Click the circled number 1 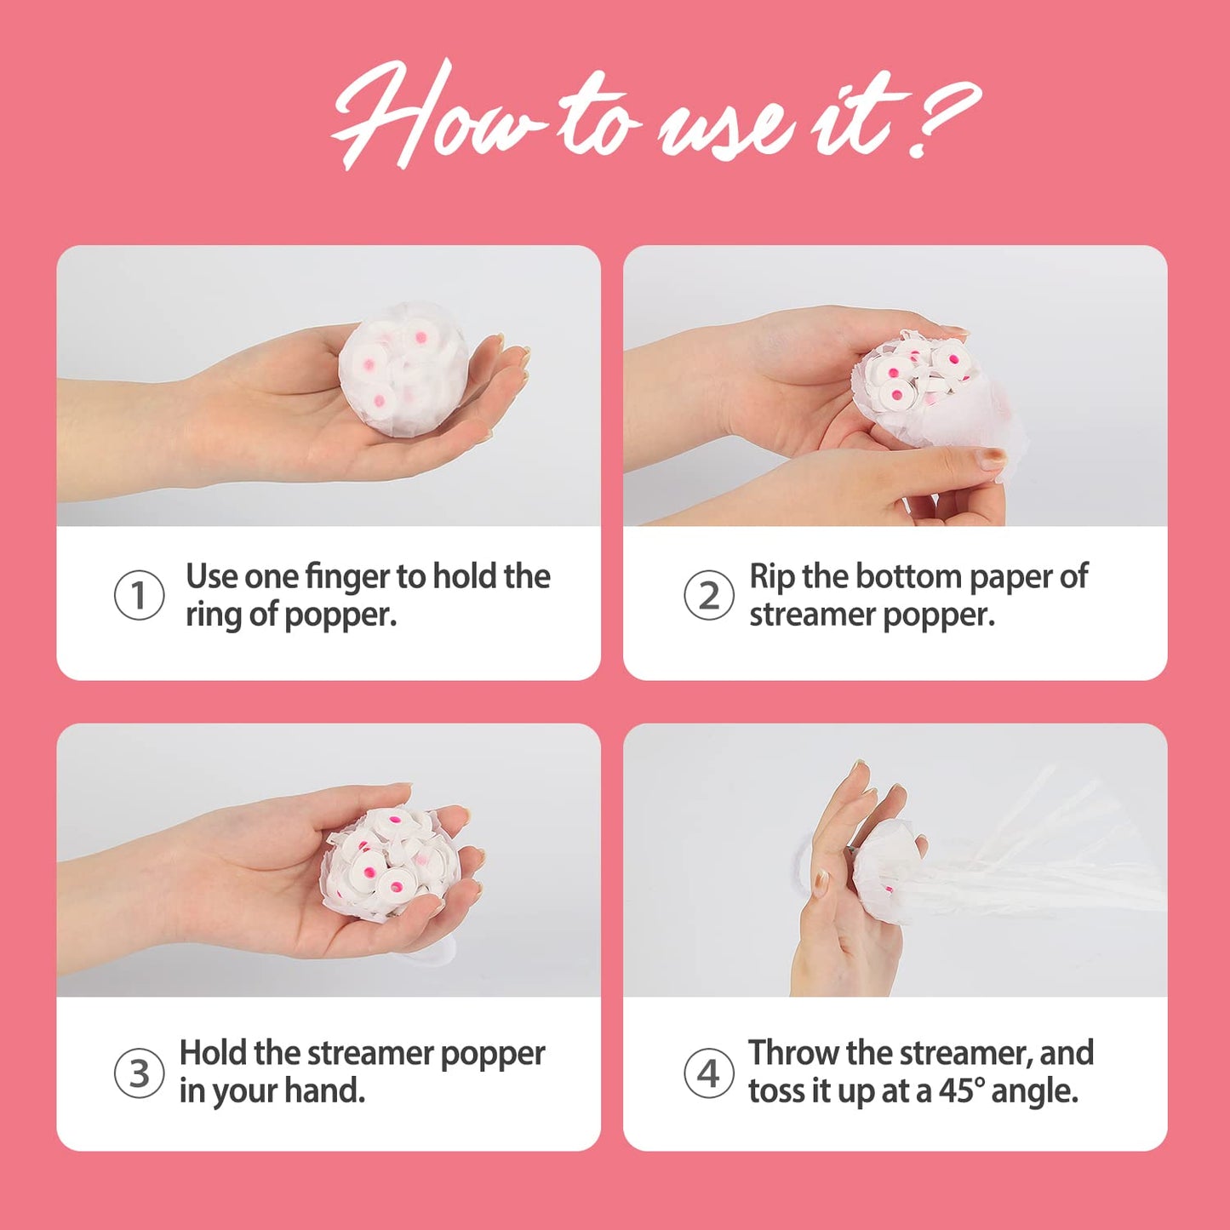139,595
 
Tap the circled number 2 708,595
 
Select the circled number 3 139,1073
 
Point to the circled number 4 708,1073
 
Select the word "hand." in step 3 324,1090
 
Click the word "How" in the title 435,116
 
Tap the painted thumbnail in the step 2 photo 991,457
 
